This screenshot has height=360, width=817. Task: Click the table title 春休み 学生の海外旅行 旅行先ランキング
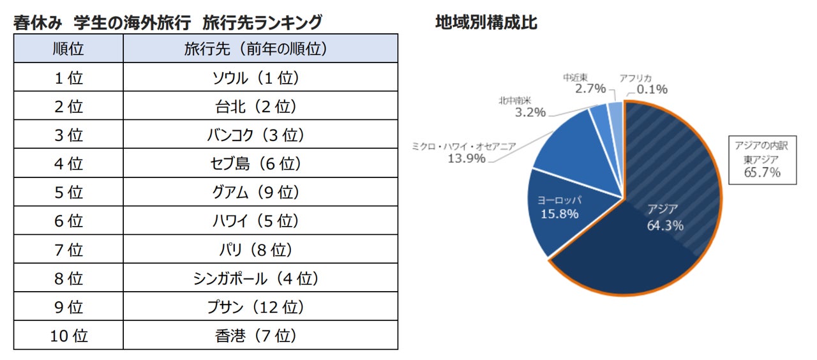[167, 23]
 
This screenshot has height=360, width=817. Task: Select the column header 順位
[68, 49]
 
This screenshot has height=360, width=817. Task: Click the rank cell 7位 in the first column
[68, 250]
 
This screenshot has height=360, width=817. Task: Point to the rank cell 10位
[68, 336]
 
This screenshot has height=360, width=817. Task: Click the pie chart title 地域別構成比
[486, 23]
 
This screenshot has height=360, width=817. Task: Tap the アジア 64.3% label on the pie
[665, 217]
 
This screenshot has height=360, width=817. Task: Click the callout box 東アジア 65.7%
[762, 159]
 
